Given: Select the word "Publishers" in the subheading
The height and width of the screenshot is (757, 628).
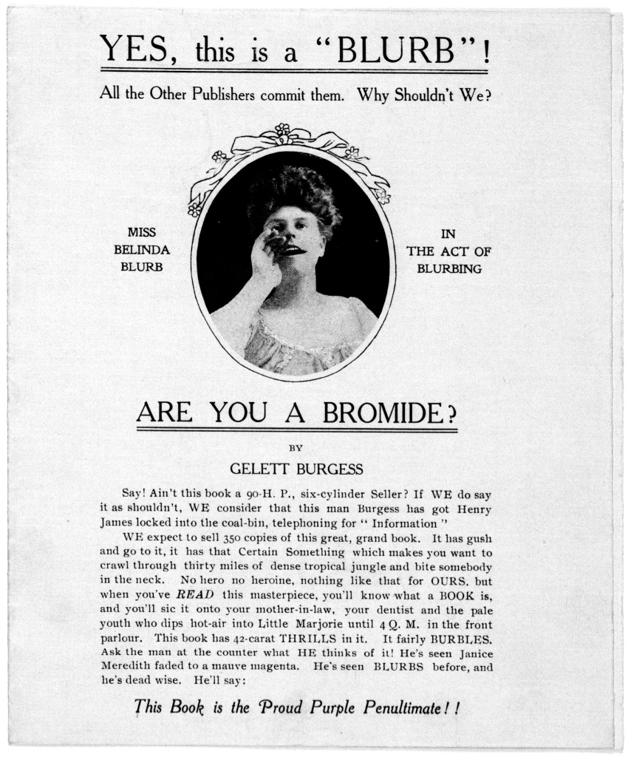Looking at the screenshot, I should [x=229, y=96].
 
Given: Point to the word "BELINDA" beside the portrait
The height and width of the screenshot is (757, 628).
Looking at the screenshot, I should [x=142, y=250].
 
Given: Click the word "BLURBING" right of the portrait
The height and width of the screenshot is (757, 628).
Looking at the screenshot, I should [x=449, y=269].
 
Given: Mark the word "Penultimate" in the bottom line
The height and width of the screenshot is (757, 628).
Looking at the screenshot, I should [x=408, y=707].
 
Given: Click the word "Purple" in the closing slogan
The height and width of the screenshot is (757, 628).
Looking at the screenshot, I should [x=327, y=707].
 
